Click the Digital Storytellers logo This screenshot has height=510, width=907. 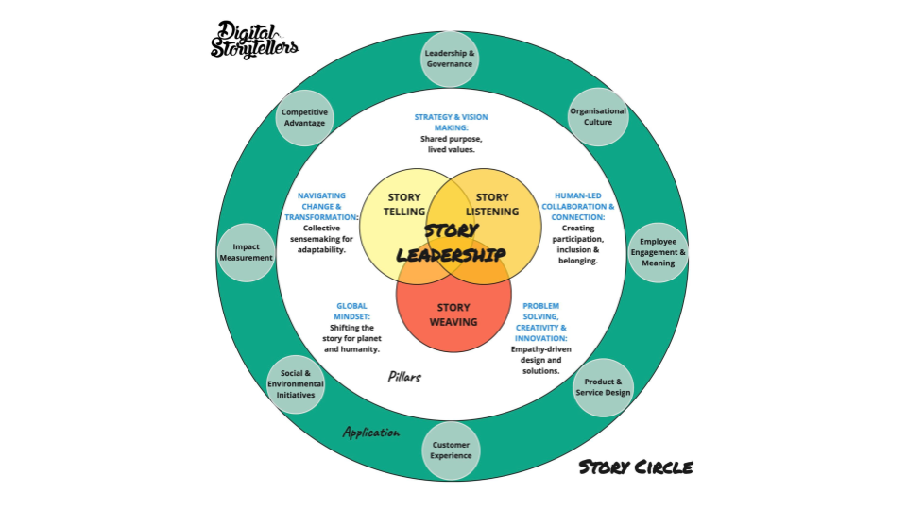click(254, 40)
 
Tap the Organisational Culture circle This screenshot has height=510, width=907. click(597, 116)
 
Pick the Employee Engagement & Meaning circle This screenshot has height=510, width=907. click(659, 252)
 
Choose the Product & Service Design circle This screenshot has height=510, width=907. click(603, 387)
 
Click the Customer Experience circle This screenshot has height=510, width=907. click(451, 450)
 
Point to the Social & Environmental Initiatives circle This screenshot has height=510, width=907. click(296, 384)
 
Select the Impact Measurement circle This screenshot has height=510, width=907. click(246, 252)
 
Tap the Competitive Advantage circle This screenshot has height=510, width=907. click(304, 117)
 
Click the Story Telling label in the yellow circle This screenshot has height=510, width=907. click(405, 205)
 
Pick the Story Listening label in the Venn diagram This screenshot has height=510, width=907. click(492, 205)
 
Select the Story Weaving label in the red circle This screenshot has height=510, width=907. click(453, 314)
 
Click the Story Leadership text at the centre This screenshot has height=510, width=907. click(451, 243)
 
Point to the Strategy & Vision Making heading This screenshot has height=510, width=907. click(451, 122)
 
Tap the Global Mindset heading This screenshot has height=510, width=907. click(351, 311)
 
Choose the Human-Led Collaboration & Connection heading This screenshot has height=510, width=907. click(578, 207)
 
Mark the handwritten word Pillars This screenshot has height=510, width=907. click(404, 377)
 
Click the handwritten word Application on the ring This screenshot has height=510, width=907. click(370, 433)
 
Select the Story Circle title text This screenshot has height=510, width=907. click(635, 467)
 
